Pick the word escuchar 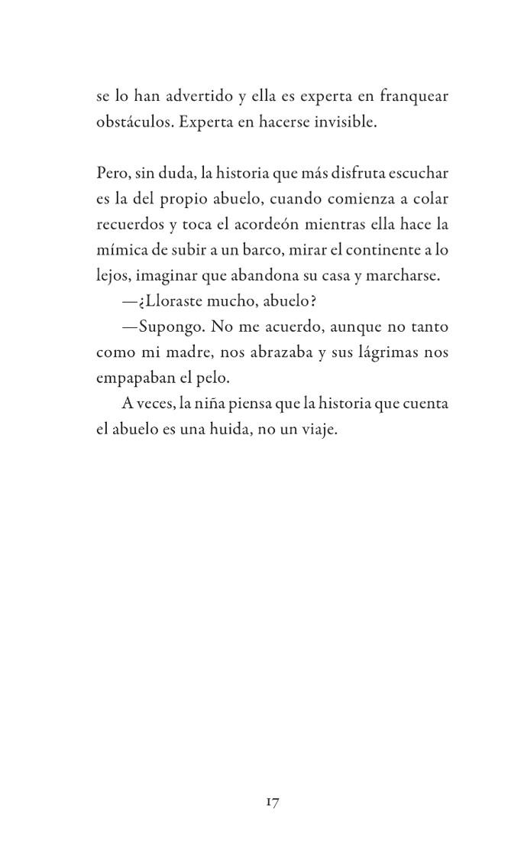(x=419, y=174)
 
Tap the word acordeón (x=261, y=225)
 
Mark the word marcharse (x=404, y=276)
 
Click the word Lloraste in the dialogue (x=166, y=301)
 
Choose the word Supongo (x=167, y=327)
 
